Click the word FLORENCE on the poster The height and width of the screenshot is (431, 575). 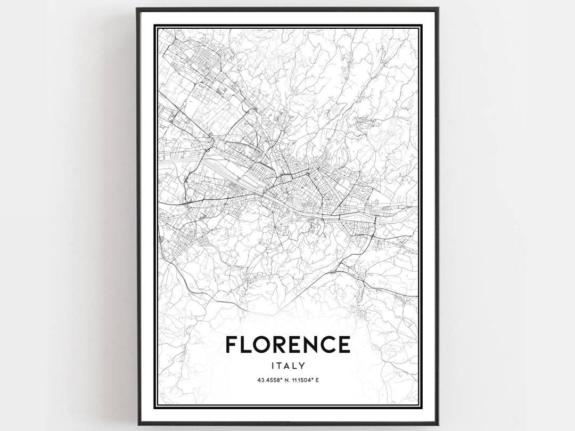(287, 344)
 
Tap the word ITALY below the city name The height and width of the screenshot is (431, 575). (287, 365)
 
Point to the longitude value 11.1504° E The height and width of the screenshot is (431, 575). (305, 380)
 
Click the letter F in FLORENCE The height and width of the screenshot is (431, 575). (231, 344)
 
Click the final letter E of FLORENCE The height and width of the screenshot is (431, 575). (344, 344)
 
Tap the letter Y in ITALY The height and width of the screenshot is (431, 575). (302, 365)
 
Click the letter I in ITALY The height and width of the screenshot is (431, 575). (272, 365)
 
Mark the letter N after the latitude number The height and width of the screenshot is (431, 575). (283, 380)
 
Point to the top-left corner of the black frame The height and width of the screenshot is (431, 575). (137, 9)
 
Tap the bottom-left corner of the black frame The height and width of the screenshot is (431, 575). (137, 424)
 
